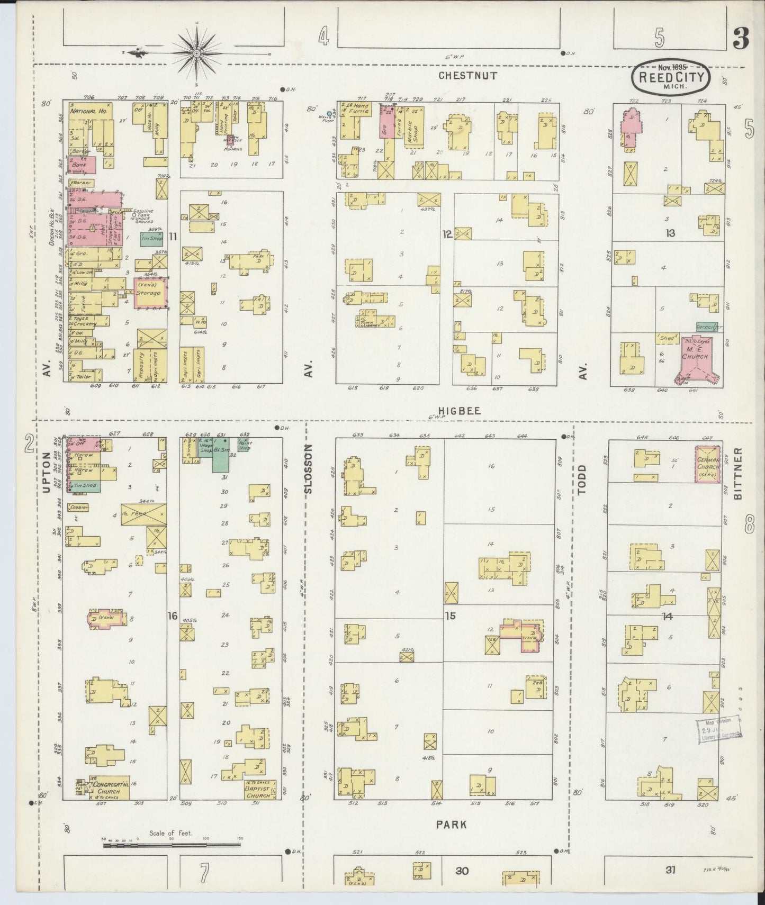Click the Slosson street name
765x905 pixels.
tap(309, 469)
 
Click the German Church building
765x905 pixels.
tap(707, 463)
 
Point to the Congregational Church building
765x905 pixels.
tap(109, 789)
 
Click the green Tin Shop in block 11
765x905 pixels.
tap(152, 239)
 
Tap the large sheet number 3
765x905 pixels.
tap(741, 39)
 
